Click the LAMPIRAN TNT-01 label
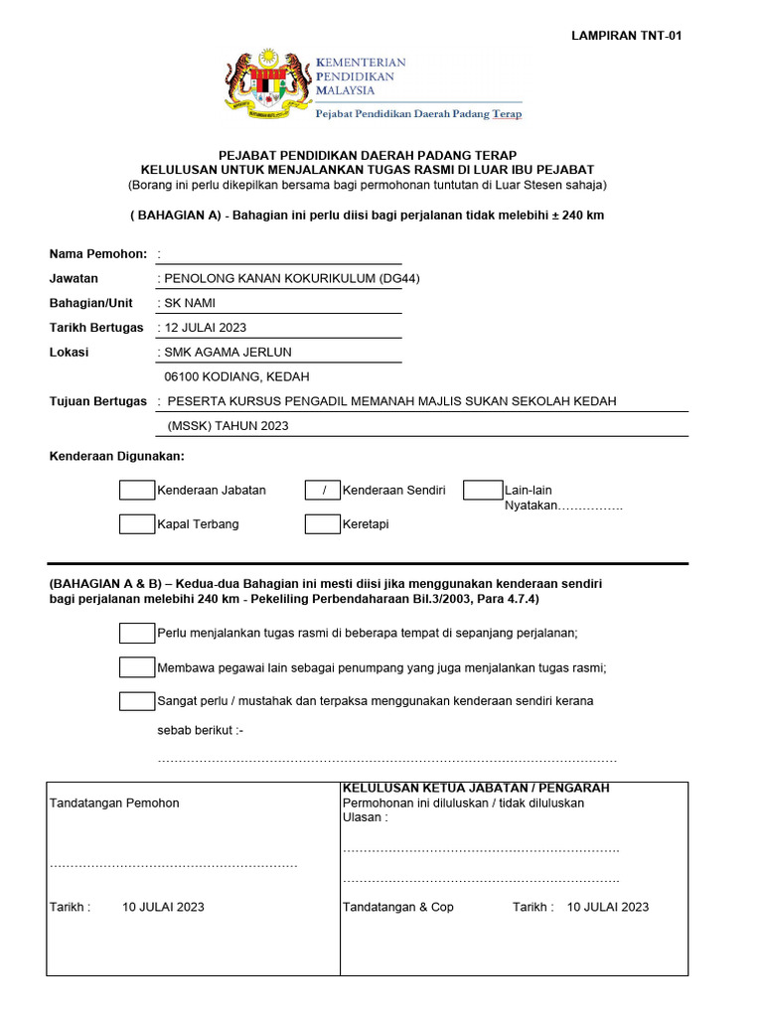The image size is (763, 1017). click(626, 36)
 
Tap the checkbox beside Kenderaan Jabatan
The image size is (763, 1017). click(137, 491)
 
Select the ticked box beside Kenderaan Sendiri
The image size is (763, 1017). click(323, 491)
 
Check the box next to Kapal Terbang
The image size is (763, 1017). click(137, 524)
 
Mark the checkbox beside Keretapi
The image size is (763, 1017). click(323, 524)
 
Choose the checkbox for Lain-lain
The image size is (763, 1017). click(483, 491)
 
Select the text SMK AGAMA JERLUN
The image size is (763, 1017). click(228, 353)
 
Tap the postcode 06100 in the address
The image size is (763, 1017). click(183, 377)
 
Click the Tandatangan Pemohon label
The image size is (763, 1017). click(114, 802)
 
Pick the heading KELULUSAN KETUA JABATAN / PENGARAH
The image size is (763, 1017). click(476, 788)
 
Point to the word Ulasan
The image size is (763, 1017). click(363, 817)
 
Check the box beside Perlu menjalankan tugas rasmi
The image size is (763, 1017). click(137, 634)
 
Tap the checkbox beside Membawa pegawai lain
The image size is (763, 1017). click(137, 667)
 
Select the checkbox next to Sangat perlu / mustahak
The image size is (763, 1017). click(137, 701)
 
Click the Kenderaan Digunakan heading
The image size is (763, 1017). click(116, 456)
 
